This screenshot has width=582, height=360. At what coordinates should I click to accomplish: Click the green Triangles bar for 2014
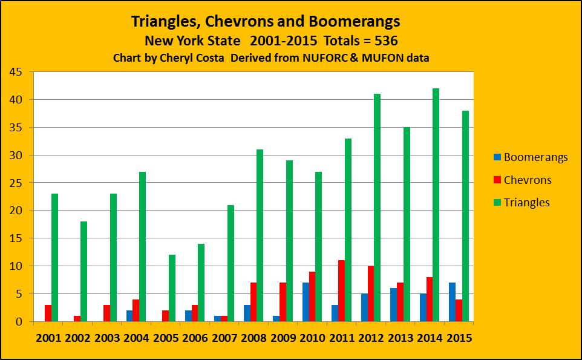point(436,205)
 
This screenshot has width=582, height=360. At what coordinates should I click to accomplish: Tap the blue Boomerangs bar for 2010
point(306,301)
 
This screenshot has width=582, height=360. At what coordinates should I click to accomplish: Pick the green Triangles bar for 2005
point(172,288)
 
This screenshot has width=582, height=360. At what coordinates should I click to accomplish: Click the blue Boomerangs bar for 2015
point(451,301)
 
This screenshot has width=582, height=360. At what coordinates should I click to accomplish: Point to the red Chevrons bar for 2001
point(48,313)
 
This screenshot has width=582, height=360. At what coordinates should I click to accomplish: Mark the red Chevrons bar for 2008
point(253,301)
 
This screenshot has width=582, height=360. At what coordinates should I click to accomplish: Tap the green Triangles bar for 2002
point(84,271)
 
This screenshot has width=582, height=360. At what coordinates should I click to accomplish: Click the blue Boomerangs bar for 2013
point(393,304)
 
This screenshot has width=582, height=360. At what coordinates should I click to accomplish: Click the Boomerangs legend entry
point(531,157)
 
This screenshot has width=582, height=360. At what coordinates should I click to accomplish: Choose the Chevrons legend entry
point(523,180)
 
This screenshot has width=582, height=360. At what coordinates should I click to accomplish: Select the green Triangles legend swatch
point(497,203)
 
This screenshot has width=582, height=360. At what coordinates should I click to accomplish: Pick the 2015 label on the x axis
point(458,338)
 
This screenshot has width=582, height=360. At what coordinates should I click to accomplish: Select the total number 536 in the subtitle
point(385,41)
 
